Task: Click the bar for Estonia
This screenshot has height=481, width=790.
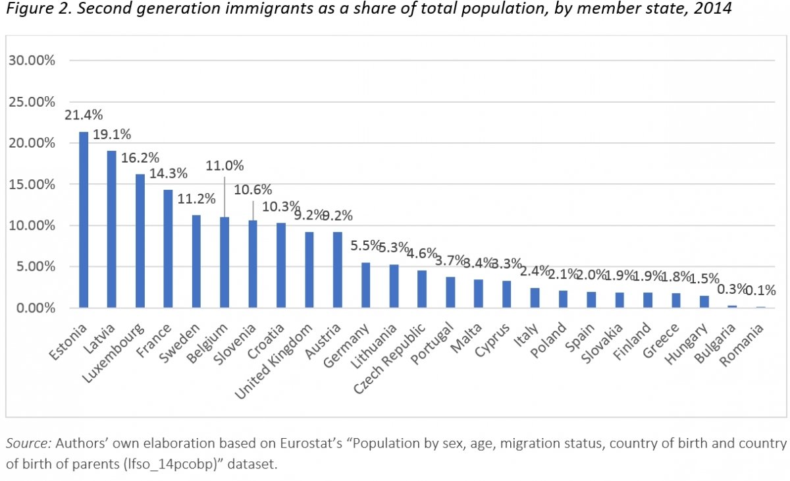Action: pyautogui.click(x=84, y=220)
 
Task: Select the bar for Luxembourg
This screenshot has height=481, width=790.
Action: pyautogui.click(x=140, y=241)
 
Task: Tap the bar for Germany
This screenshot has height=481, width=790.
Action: pyautogui.click(x=365, y=285)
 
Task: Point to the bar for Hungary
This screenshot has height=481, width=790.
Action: pyautogui.click(x=704, y=302)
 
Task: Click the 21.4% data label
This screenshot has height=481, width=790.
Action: pyautogui.click(x=84, y=115)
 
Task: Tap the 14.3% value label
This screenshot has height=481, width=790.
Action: pyautogui.click(x=169, y=173)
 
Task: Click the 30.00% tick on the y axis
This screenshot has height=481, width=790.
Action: pyautogui.click(x=32, y=61)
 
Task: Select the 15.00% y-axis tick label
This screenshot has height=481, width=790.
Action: pyautogui.click(x=32, y=184)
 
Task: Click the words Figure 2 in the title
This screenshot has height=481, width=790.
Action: pyautogui.click(x=33, y=12)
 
